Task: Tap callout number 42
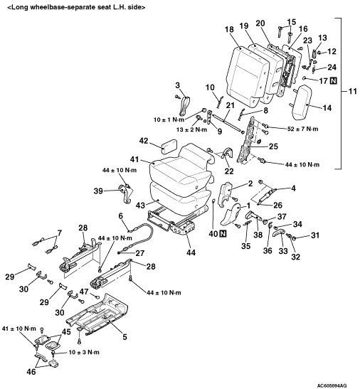click(144, 141)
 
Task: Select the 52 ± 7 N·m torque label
click(303, 129)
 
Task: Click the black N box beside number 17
click(334, 80)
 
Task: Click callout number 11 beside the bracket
click(353, 91)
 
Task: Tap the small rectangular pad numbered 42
click(169, 145)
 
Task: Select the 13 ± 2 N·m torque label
click(193, 129)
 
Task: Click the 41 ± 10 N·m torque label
click(19, 329)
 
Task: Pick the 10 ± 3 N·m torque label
click(84, 352)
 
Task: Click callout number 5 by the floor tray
click(125, 336)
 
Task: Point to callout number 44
click(191, 252)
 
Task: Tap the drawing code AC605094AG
click(332, 385)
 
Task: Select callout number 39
click(98, 191)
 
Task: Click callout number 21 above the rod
click(230, 105)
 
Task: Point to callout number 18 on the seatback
click(229, 29)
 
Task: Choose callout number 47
click(84, 292)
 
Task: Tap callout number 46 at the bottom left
click(31, 372)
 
